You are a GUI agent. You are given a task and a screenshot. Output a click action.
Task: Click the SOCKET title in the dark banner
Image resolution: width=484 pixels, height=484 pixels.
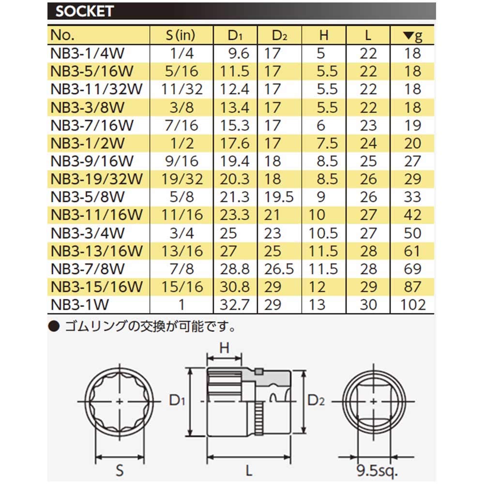click(85, 12)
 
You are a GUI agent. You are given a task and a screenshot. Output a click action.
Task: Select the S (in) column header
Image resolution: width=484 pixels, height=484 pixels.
click(181, 35)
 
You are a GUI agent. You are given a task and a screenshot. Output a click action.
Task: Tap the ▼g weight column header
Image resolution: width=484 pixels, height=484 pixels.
click(413, 36)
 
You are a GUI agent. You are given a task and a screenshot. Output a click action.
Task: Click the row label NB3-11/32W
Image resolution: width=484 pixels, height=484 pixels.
click(96, 89)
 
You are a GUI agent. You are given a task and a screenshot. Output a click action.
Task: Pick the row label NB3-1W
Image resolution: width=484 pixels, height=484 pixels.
click(80, 304)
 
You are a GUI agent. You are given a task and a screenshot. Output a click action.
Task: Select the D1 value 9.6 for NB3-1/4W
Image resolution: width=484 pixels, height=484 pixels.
click(239, 53)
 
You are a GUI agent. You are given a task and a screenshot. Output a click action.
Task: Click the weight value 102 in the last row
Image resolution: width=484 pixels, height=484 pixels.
click(413, 304)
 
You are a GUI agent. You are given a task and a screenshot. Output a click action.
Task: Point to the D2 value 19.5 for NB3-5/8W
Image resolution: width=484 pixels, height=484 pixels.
click(279, 197)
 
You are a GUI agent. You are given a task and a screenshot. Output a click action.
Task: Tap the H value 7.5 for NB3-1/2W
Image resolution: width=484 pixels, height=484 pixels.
click(328, 143)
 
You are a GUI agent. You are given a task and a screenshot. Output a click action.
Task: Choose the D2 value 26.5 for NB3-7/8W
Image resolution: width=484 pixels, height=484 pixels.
click(279, 269)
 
